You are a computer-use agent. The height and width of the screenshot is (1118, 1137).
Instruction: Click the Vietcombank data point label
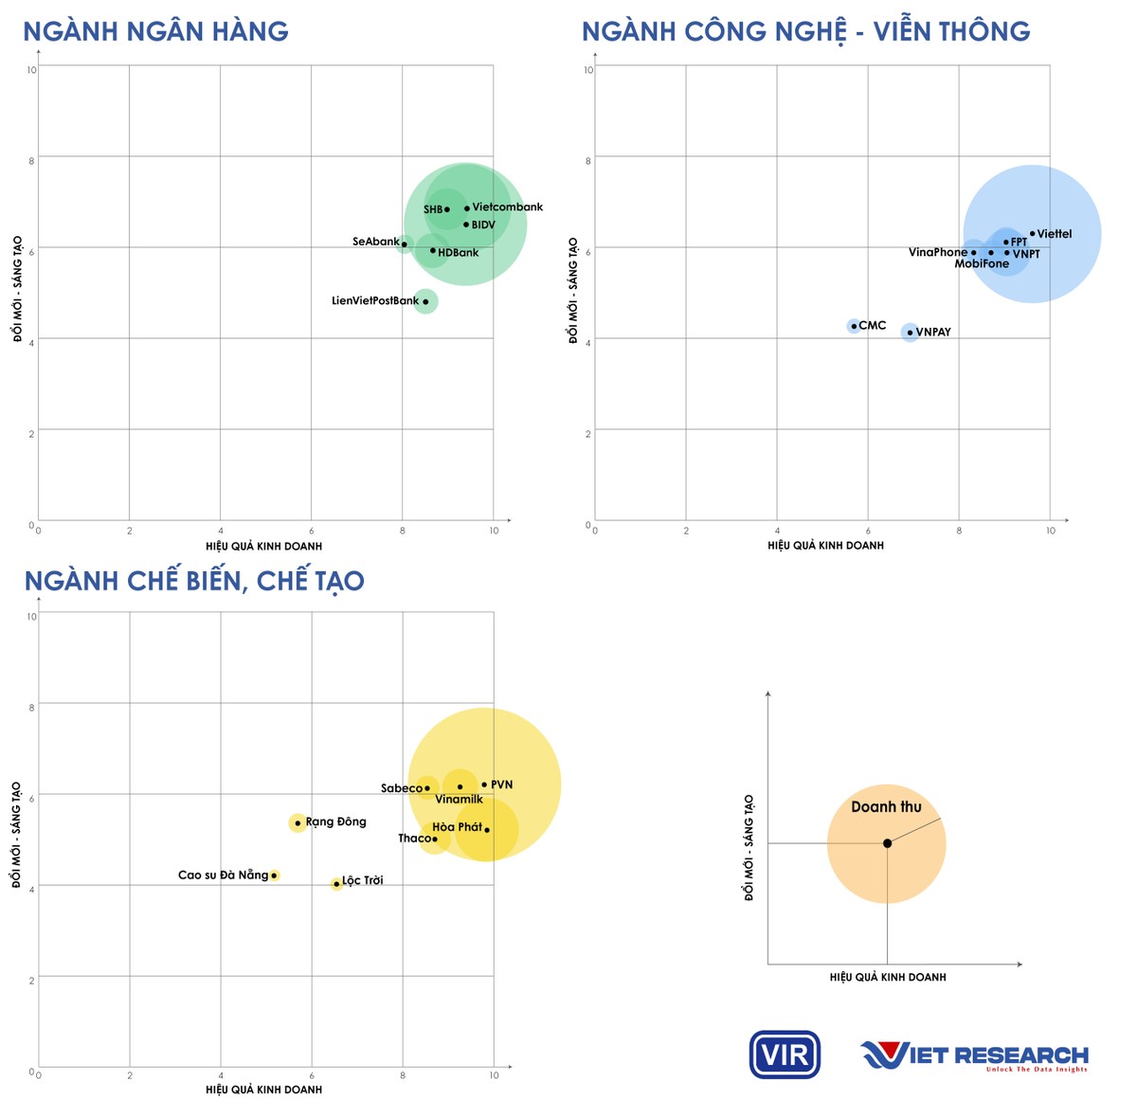point(507,207)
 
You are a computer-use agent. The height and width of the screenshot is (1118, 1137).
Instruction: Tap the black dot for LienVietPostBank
point(425,302)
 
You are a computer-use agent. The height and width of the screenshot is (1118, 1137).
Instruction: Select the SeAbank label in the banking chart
point(375,242)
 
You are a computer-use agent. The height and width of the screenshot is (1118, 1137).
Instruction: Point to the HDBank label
point(459,253)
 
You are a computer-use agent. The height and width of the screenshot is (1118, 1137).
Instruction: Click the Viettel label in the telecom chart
point(1055,234)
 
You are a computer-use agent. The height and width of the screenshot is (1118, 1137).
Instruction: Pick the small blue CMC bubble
point(854,326)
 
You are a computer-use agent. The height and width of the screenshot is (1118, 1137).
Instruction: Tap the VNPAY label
point(933,333)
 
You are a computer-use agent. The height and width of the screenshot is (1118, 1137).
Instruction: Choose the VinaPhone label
point(937,252)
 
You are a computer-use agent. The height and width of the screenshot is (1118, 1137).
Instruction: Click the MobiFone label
point(982,264)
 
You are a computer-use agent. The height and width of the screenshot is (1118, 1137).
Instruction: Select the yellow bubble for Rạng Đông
point(298,822)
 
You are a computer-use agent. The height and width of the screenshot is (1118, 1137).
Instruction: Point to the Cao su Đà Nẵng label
point(223,875)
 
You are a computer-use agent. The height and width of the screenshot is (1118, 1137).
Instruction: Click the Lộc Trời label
point(363,881)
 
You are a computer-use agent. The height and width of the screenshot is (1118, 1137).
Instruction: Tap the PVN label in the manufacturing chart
point(501,784)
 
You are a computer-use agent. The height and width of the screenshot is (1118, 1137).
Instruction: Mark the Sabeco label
point(402,788)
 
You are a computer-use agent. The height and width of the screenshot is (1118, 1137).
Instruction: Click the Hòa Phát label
point(458,827)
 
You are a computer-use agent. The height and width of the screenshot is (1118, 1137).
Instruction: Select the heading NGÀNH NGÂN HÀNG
point(155,31)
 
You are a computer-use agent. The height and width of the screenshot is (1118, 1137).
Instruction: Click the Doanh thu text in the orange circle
point(886,807)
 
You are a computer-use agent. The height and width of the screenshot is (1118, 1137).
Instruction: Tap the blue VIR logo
point(785,1055)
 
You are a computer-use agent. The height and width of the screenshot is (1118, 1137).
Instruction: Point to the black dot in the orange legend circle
point(887,843)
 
